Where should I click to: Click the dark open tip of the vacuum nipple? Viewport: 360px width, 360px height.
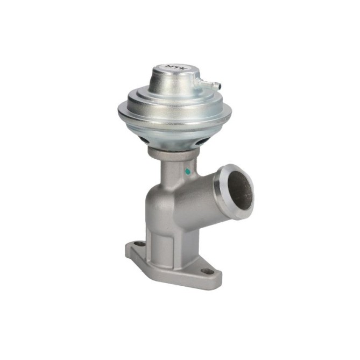tap(219, 86)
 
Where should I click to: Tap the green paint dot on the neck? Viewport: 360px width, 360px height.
tap(188, 171)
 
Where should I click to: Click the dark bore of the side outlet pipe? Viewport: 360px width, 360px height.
tap(240, 190)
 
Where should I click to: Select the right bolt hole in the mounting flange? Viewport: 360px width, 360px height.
tap(207, 271)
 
